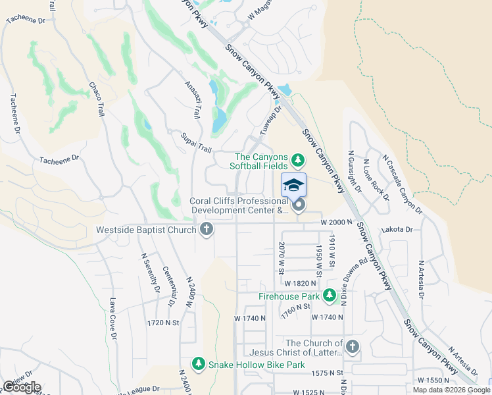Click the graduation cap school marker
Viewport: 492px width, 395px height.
pyautogui.click(x=294, y=185)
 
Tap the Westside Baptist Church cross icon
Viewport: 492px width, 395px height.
pyautogui.click(x=207, y=230)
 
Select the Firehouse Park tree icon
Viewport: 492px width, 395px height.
pyautogui.click(x=330, y=297)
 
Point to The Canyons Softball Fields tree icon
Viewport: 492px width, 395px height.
pyautogui.click(x=298, y=159)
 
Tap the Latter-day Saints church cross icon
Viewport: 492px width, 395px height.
pyautogui.click(x=353, y=346)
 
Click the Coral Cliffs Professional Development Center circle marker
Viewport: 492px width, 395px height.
pyautogui.click(x=299, y=206)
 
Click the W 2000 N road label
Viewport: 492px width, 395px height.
pyautogui.click(x=337, y=223)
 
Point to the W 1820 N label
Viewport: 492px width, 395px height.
pyautogui.click(x=301, y=282)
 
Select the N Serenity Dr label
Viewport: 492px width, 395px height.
pyautogui.click(x=148, y=272)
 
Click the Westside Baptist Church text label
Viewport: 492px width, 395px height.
pyautogui.click(x=145, y=230)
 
